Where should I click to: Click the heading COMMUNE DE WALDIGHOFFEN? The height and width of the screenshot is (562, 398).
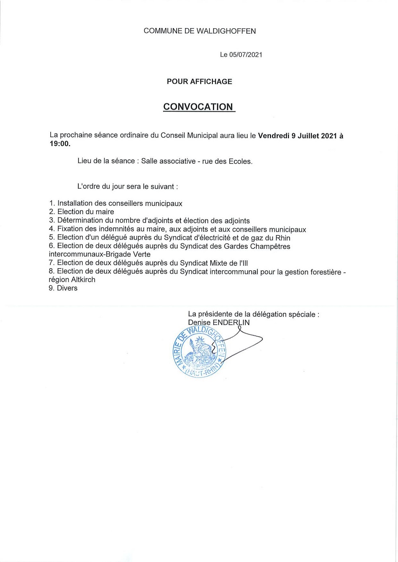click(199, 31)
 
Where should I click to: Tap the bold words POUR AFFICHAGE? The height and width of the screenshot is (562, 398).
click(199, 81)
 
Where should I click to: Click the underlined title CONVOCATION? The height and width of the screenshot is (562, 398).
click(198, 107)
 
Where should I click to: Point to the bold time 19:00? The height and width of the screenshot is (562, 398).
click(59, 144)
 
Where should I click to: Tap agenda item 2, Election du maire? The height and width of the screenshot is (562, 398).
click(85, 212)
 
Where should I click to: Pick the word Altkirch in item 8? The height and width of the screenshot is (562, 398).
click(83, 280)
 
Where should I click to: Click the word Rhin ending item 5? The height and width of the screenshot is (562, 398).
click(283, 238)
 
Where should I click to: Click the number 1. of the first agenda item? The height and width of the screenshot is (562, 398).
click(52, 203)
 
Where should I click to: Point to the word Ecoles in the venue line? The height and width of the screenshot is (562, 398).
click(240, 162)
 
